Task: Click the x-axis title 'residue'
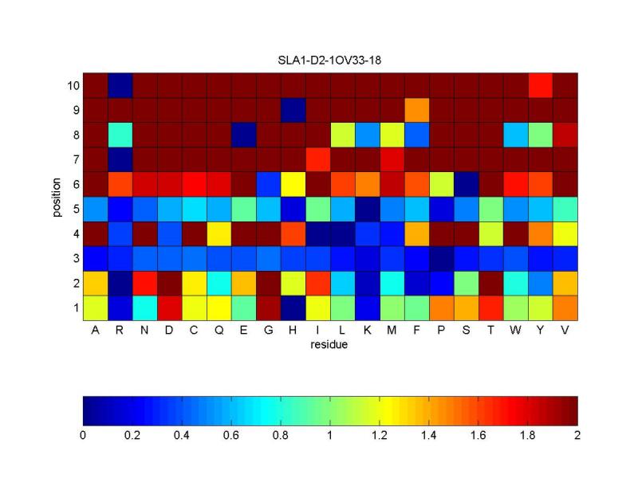tap(330, 346)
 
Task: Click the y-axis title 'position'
tap(57, 197)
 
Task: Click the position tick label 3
tap(74, 258)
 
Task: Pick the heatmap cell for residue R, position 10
tap(120, 85)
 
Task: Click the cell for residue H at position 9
tap(293, 110)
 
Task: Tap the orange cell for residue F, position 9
tap(416, 110)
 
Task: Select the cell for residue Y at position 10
tap(540, 85)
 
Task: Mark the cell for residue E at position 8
tap(243, 135)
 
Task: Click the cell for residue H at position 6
tap(293, 184)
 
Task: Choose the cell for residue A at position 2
tap(96, 283)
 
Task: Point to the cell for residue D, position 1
tap(169, 308)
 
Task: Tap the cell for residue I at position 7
tap(317, 159)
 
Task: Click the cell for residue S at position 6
tap(466, 184)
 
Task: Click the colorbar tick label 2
tap(577, 436)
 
